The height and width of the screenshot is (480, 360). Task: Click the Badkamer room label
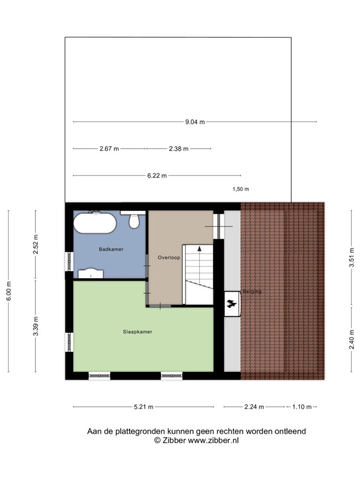pyautogui.click(x=111, y=249)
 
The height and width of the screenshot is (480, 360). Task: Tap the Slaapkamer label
pyautogui.click(x=137, y=331)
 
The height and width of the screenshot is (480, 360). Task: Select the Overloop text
pyautogui.click(x=169, y=257)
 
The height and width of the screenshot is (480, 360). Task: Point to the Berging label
pyautogui.click(x=252, y=292)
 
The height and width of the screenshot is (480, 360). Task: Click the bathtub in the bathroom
pyautogui.click(x=95, y=223)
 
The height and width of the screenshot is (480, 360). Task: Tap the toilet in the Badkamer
pyautogui.click(x=134, y=220)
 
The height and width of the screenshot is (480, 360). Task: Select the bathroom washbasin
pyautogui.click(x=90, y=274)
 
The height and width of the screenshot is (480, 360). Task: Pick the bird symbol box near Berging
pyautogui.click(x=232, y=304)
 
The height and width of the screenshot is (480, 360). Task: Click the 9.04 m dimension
pyautogui.click(x=195, y=122)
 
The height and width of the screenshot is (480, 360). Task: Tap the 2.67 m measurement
pyautogui.click(x=109, y=149)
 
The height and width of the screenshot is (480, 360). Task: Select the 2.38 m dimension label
pyautogui.click(x=179, y=149)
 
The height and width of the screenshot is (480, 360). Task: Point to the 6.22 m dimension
pyautogui.click(x=157, y=176)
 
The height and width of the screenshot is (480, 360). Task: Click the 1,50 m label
pyautogui.click(x=240, y=189)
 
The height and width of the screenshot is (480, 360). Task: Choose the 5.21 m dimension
pyautogui.click(x=143, y=407)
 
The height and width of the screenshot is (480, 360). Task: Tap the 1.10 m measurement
pyautogui.click(x=302, y=407)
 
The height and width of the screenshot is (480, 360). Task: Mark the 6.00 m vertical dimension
pyautogui.click(x=8, y=291)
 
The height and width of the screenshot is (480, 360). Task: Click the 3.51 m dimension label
pyautogui.click(x=352, y=257)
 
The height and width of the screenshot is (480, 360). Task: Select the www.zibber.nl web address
pyautogui.click(x=213, y=441)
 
